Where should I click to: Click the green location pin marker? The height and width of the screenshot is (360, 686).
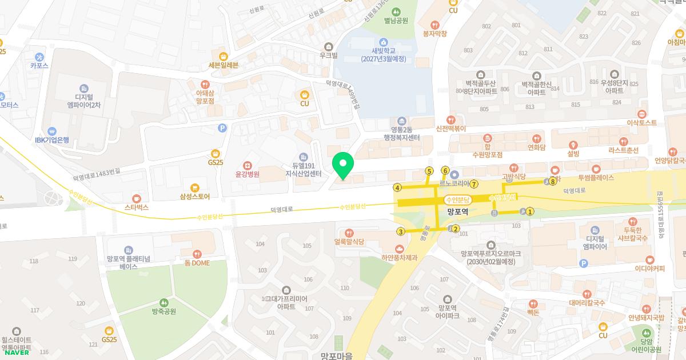coord(343,165)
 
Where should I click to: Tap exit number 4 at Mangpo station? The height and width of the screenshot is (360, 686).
coord(397,187)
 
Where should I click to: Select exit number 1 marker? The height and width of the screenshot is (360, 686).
coord(530,211)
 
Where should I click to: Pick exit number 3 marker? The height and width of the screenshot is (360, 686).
coord(401,231)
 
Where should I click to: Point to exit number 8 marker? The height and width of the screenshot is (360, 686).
coord(553,182)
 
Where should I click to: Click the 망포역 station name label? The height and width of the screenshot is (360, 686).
coord(458,211)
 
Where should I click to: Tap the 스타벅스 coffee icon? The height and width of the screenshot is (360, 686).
coord(136,198)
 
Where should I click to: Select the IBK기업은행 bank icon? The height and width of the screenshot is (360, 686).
coord(53,131)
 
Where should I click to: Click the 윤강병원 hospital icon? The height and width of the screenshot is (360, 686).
coord(247,165)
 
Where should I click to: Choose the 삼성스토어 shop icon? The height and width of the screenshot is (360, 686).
coord(194,187)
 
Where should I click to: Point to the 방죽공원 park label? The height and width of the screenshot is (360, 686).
coord(163,311)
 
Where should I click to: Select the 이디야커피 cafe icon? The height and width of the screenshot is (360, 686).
coord(649,259)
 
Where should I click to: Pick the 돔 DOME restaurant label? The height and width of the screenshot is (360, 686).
coord(197,263)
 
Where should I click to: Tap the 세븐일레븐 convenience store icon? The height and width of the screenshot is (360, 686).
coord(223,56)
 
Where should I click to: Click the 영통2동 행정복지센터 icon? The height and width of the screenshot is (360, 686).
coord(401,121)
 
